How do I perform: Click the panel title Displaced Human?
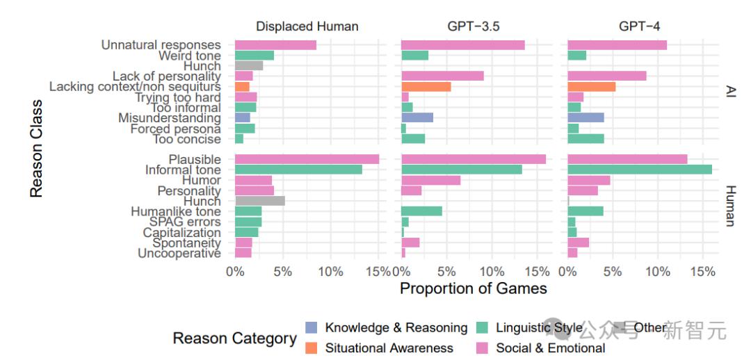(307, 26)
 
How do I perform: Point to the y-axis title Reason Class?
(37, 149)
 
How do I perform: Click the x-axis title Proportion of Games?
(473, 288)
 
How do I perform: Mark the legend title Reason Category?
(234, 338)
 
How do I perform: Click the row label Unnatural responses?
(161, 45)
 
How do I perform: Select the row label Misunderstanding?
(169, 118)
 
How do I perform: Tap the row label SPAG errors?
(180, 222)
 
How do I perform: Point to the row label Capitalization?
(181, 232)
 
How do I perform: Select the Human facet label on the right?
(730, 206)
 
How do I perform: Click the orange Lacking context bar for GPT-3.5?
(426, 87)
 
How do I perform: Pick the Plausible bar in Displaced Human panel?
(307, 159)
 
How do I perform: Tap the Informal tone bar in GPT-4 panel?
(640, 170)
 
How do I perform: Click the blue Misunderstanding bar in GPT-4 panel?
(586, 118)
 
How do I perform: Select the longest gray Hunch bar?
(260, 201)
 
